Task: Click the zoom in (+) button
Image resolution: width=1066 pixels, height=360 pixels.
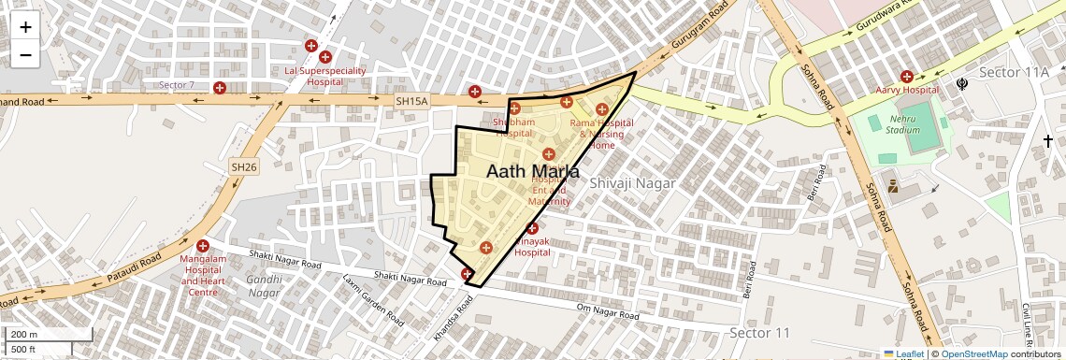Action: (25, 27)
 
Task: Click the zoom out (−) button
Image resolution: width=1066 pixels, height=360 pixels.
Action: (25, 54)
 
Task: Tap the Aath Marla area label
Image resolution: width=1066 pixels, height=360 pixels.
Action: (532, 173)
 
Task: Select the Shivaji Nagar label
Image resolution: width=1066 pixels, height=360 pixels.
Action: (632, 183)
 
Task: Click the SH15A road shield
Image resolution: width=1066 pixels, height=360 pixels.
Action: (411, 101)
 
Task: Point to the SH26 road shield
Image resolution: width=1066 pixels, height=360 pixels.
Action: (243, 166)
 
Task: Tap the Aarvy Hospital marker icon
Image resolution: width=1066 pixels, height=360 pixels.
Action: (906, 76)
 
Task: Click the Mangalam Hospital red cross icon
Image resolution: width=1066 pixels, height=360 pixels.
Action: (202, 246)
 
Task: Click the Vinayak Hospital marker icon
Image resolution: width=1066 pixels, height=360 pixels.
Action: (532, 229)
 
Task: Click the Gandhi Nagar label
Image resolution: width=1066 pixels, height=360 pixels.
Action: (264, 285)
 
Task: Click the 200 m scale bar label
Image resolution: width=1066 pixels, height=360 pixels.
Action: (25, 334)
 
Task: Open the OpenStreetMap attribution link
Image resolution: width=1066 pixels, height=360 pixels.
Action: (973, 353)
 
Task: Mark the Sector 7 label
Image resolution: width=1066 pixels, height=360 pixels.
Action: (177, 85)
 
